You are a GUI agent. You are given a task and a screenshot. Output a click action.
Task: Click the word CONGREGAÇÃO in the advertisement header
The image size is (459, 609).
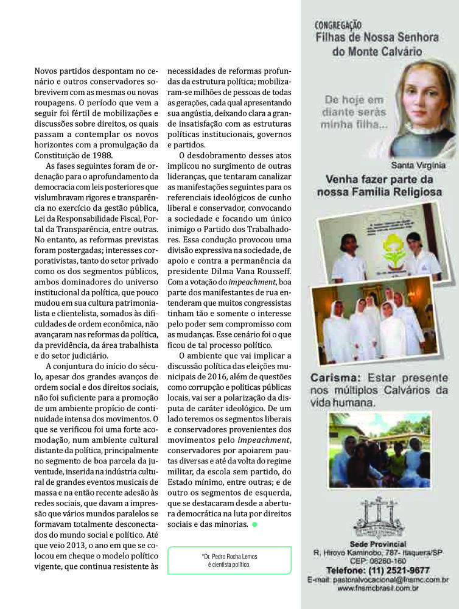(x=338, y=26)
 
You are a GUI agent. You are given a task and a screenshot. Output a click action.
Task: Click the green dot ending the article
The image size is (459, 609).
(x=255, y=524)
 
